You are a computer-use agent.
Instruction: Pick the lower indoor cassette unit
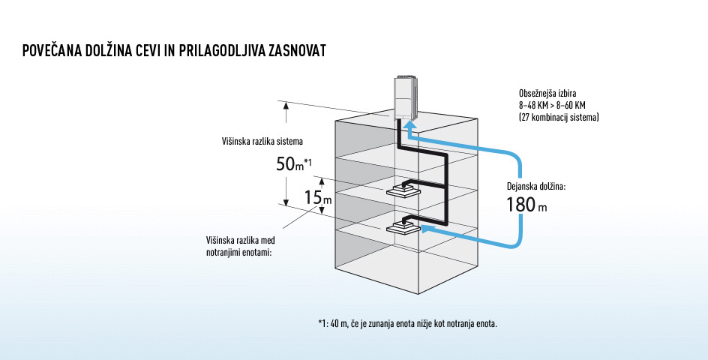point(403,228)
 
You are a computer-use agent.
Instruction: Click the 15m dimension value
point(317,197)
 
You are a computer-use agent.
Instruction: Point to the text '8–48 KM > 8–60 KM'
point(551,105)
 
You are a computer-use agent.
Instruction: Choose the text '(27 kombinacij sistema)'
point(558,117)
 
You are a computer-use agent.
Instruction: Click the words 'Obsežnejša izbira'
point(549,93)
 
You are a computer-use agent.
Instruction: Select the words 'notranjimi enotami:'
point(238,252)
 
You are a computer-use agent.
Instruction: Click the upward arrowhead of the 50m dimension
point(286,105)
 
